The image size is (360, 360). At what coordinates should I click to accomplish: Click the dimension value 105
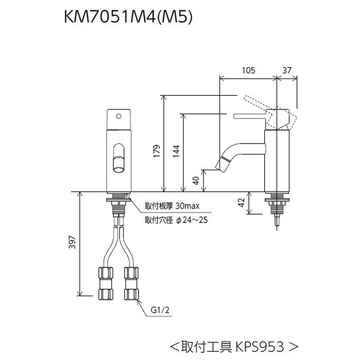(x=248, y=70)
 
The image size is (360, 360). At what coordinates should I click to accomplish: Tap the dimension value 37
(x=288, y=70)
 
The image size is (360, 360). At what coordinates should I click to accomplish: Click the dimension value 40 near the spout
(x=196, y=181)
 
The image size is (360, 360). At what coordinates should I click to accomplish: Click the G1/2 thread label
(x=159, y=310)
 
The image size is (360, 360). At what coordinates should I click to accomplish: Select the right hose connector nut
(x=131, y=284)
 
